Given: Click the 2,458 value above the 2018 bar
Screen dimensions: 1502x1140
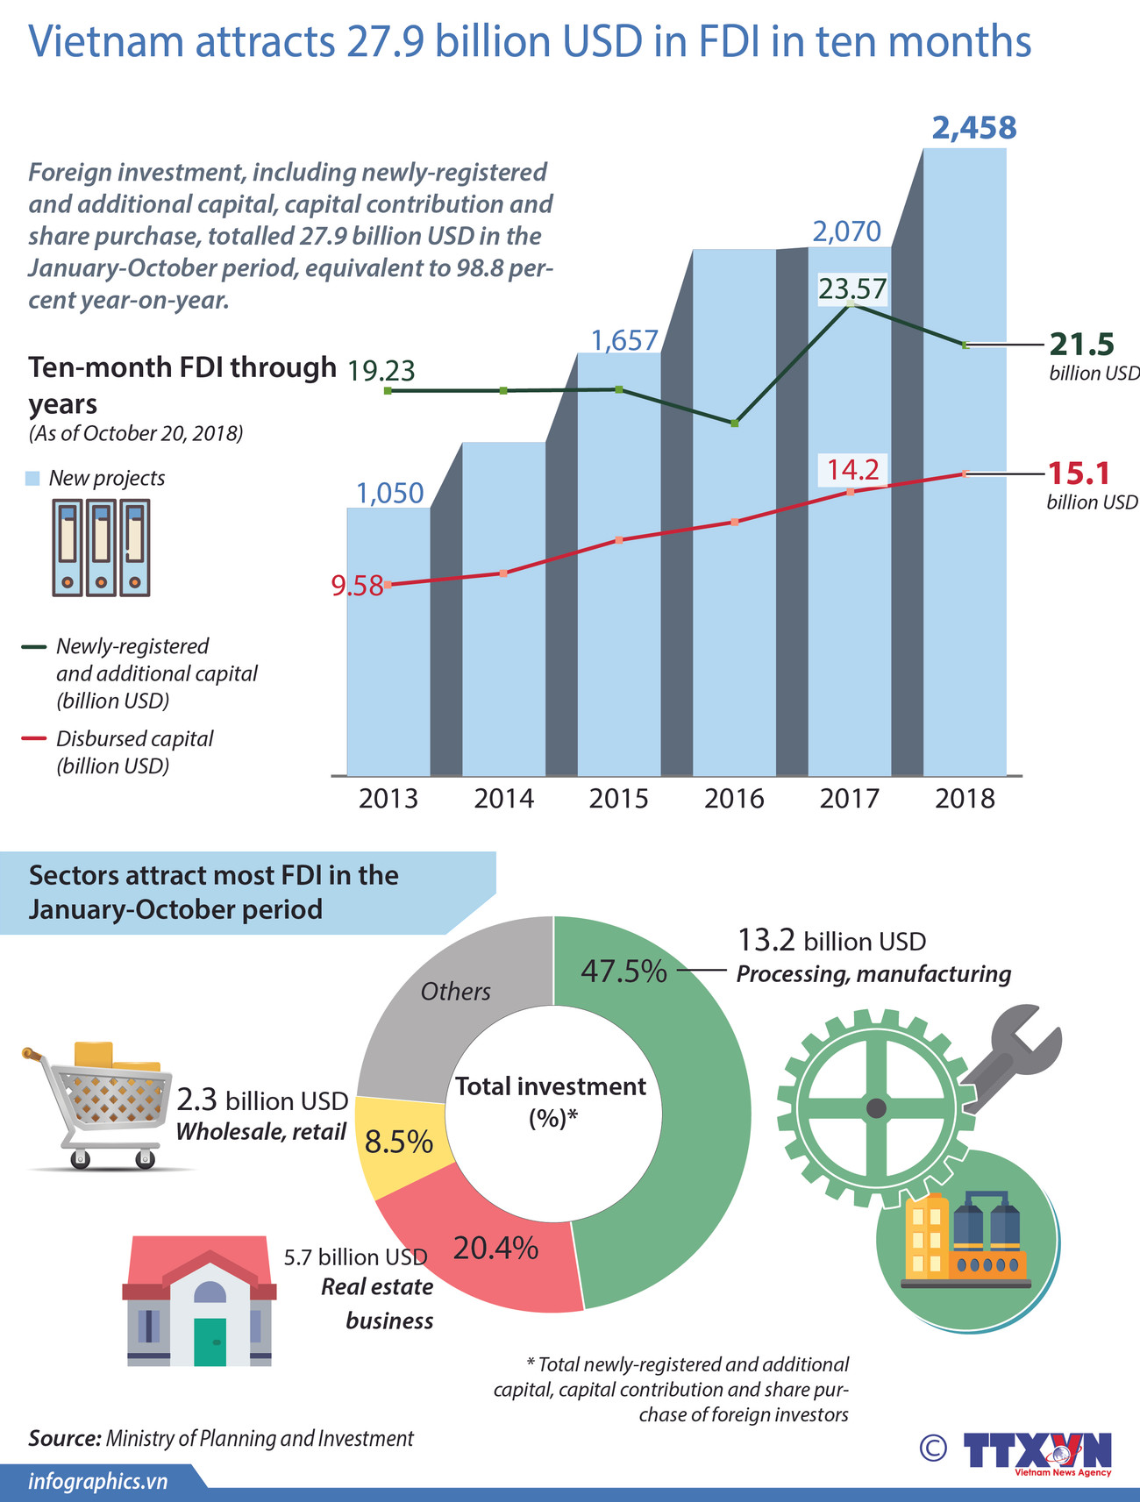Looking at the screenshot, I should coord(973,129).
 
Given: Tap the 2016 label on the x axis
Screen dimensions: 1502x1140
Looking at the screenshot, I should coord(734,799).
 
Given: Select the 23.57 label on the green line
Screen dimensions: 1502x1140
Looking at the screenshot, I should coord(852,288).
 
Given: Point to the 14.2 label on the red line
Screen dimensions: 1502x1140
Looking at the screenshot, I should coord(852,470).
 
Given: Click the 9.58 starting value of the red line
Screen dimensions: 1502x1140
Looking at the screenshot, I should coord(357,586).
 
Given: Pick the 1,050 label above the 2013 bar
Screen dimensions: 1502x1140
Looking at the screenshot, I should coord(389,494).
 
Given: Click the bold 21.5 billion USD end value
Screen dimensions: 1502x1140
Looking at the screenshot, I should coord(1080,344).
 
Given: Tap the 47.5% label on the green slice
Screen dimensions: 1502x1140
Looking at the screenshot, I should coord(623,972).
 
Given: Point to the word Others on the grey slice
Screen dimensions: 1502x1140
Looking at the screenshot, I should coord(455,992).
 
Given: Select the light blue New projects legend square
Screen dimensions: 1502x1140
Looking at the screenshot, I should coord(32,479).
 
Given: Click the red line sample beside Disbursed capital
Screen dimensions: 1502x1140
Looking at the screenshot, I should coord(33,739).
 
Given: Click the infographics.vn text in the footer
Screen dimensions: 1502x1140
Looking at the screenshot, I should coord(97,1482).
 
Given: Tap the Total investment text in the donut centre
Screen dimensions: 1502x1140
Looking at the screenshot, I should coord(551,1087).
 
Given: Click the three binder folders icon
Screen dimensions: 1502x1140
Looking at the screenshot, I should coord(101,548).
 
